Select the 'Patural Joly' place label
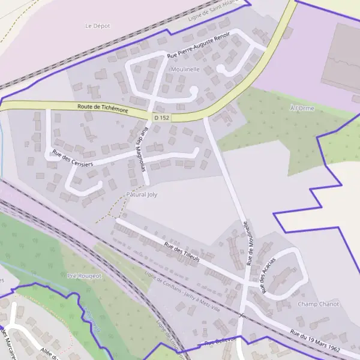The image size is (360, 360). pos(141,195)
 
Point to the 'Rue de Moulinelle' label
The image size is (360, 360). pos(250,243)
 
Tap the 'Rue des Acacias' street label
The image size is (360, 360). pos(268,275)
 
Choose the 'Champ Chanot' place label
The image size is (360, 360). pos(318,304)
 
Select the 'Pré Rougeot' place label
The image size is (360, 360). pos(85,275)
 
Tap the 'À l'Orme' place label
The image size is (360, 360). pos(302,108)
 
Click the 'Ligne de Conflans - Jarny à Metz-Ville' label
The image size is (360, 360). pos(182,293)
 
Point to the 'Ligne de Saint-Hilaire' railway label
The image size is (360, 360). pos(217,8)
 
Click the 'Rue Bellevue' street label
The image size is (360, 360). pos(221,342)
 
